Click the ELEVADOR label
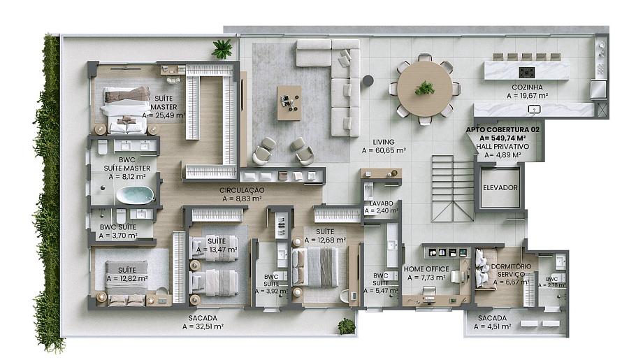click(500, 187)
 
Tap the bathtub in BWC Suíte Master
click(135, 195)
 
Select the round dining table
click(424, 89)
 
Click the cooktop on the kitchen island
click(527, 73)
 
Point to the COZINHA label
click(527, 87)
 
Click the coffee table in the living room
click(289, 103)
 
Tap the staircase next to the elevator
click(453, 189)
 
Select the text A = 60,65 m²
click(384, 151)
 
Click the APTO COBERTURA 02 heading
click(503, 129)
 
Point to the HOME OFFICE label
click(426, 269)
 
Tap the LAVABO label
click(381, 203)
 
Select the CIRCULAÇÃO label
click(242, 190)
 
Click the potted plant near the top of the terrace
click(222, 49)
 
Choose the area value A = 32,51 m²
click(203, 326)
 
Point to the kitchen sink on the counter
click(535, 109)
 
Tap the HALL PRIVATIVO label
click(503, 147)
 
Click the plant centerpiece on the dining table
click(424, 88)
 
